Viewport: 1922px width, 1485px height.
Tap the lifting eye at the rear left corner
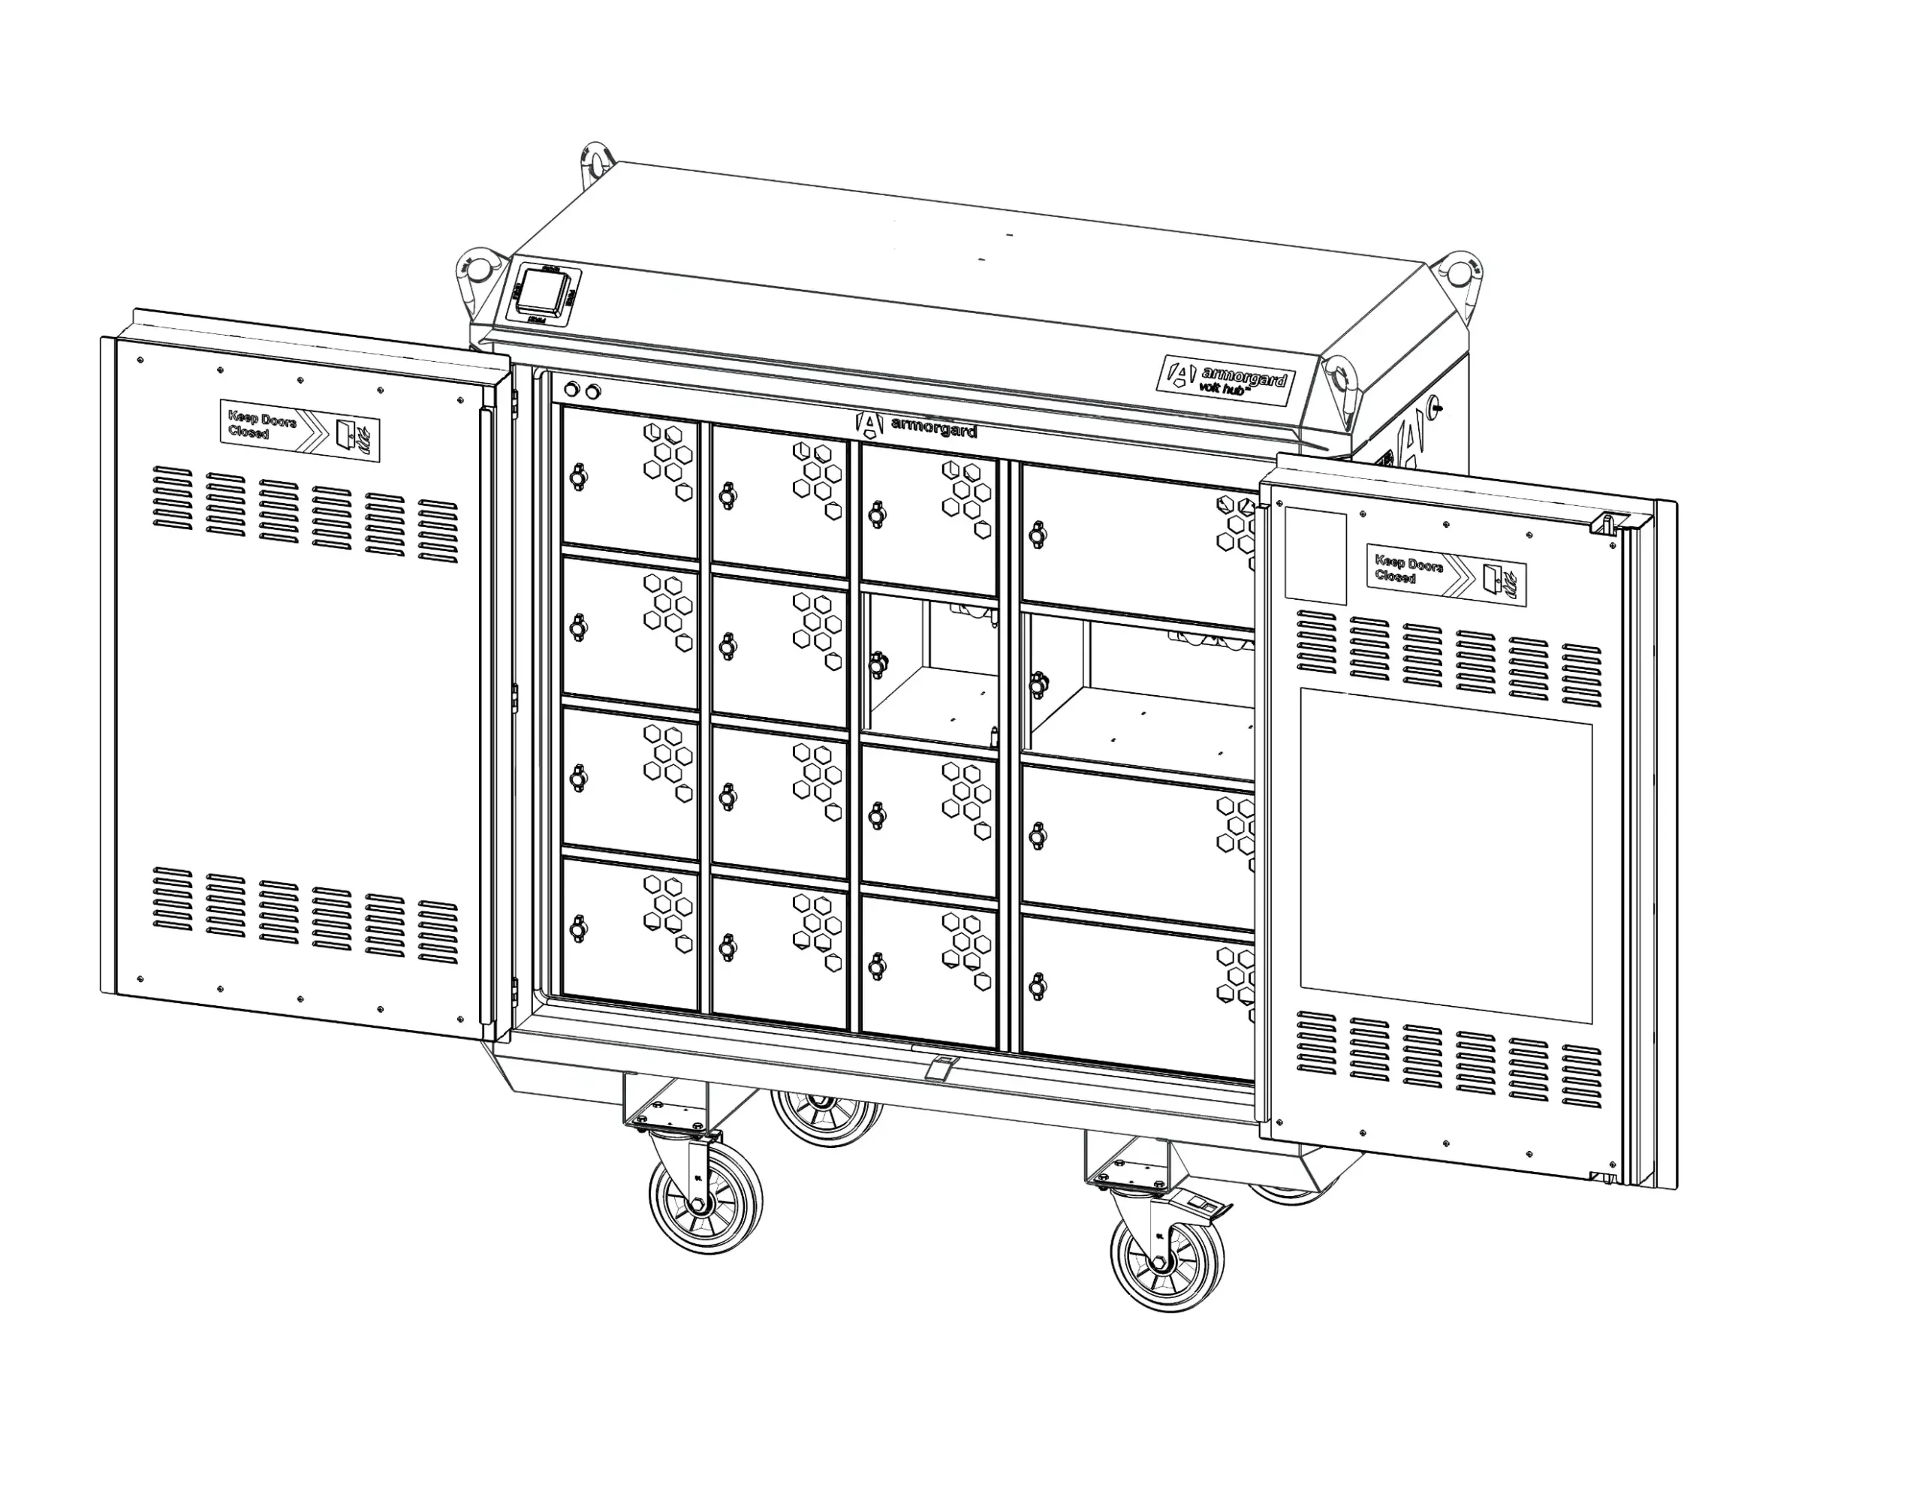[596, 161]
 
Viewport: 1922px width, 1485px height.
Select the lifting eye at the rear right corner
[1459, 270]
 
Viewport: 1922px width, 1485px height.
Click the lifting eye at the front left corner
[476, 271]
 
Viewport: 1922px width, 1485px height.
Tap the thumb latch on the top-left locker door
[577, 476]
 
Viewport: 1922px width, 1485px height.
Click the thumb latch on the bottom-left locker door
[577, 928]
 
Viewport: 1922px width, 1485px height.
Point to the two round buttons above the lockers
[582, 390]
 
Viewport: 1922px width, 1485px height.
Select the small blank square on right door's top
[1315, 556]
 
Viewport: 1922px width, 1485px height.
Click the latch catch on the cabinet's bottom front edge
[941, 1067]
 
